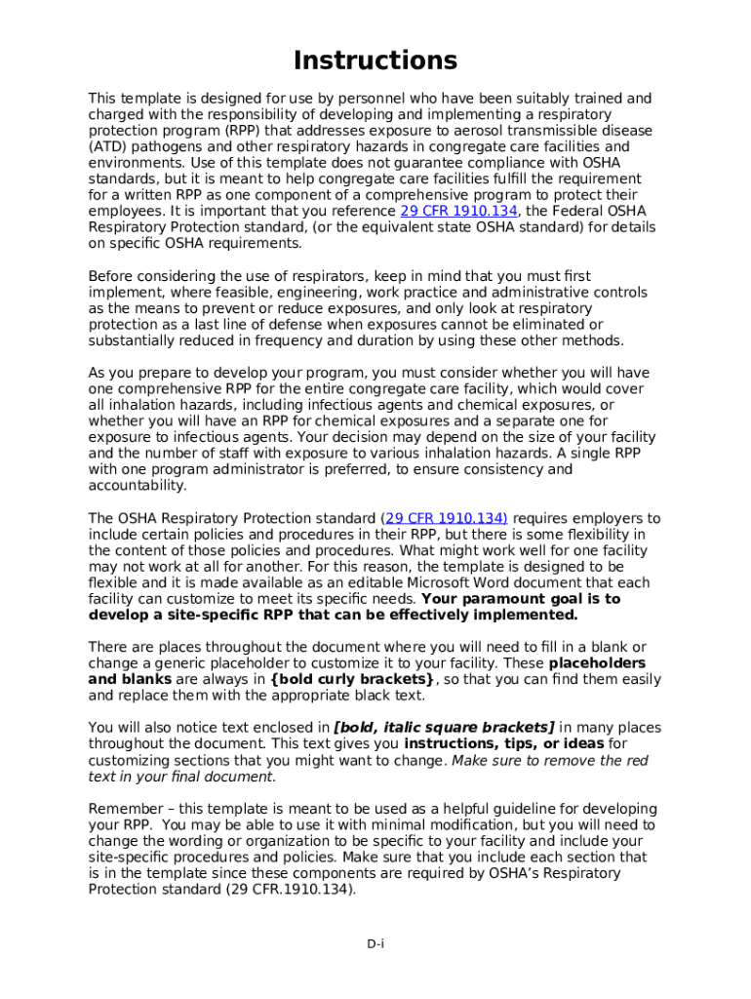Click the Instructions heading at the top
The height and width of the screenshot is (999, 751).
[375, 60]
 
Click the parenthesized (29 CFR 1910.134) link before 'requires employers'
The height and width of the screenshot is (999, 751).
[445, 519]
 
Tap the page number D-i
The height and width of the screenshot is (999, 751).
[375, 943]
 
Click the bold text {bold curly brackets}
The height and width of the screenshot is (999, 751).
[352, 679]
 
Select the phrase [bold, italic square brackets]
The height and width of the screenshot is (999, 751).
[444, 728]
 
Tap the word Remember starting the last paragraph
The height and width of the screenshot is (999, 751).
[123, 809]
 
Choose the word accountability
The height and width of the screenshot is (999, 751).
[137, 486]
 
